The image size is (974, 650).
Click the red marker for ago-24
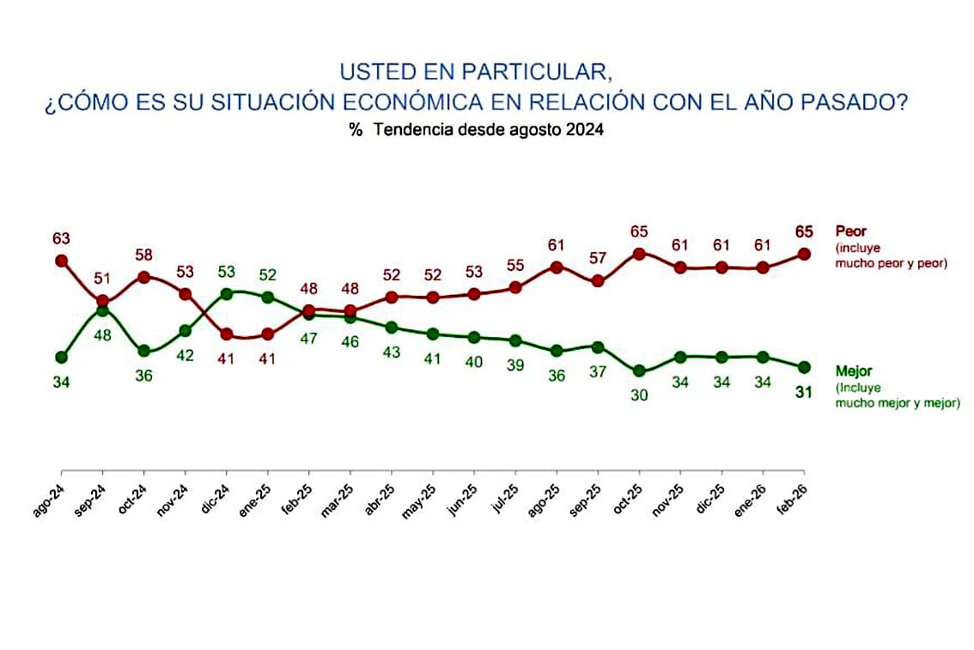[61, 260]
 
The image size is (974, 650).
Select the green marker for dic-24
[227, 294]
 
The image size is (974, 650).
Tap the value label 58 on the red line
[143, 255]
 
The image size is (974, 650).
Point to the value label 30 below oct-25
[638, 396]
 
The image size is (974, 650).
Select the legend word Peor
[852, 232]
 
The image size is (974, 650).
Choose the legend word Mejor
[855, 371]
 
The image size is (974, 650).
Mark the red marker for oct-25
[638, 254]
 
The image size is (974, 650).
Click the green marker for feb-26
[804, 367]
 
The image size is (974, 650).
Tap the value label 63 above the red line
[61, 238]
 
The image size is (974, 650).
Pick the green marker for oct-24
[143, 351]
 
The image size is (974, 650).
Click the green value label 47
[309, 339]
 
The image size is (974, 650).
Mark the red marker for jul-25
[515, 287]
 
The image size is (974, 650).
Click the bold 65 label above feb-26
[804, 231]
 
